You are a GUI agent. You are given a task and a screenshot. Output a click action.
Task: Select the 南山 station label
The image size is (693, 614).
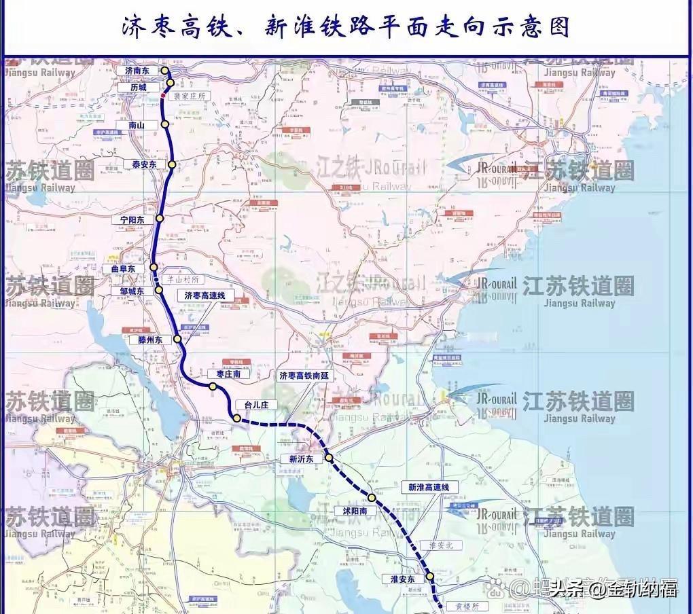tap(137, 125)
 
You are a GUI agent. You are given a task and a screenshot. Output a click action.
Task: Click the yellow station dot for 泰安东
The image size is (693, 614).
tap(173, 164)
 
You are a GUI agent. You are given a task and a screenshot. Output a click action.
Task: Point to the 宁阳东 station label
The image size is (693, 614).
tap(133, 219)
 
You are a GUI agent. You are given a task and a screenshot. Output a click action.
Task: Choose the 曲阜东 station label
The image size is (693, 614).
tap(124, 269)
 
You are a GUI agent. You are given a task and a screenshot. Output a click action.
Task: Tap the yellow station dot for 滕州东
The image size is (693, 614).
tap(178, 338)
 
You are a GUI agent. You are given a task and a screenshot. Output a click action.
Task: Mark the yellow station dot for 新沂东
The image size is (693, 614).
tap(329, 458)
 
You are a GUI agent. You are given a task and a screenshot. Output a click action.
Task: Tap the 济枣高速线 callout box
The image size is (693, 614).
tap(205, 295)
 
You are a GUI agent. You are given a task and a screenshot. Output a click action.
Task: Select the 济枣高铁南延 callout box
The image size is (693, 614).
tap(303, 375)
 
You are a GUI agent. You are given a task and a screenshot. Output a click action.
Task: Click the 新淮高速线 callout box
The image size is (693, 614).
tap(429, 487)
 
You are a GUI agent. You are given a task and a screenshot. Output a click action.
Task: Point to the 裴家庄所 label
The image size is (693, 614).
tap(189, 97)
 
